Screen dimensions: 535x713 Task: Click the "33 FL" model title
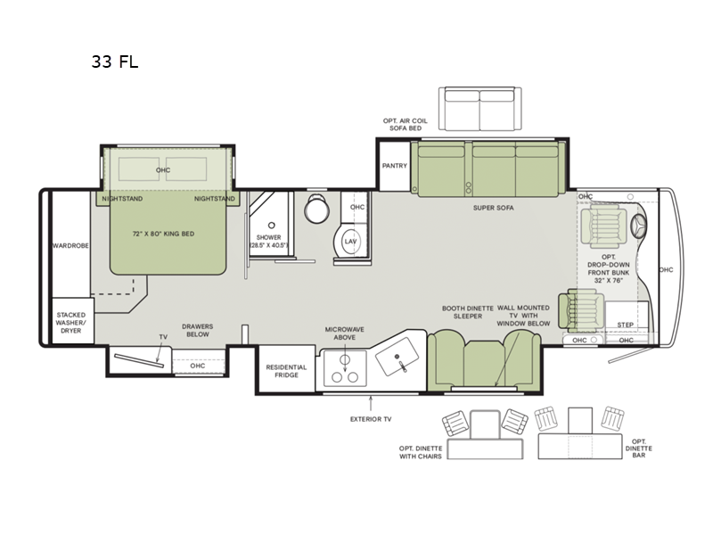(x=113, y=62)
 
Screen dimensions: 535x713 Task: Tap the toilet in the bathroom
(x=316, y=210)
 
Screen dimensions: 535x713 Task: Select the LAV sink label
(x=349, y=241)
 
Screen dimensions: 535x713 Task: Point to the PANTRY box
(x=394, y=166)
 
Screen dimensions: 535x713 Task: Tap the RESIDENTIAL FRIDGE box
(x=285, y=373)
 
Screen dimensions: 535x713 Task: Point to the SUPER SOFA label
(x=494, y=207)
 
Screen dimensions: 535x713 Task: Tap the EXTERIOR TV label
(x=370, y=417)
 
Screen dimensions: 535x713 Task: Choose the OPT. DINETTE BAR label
(x=638, y=449)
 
